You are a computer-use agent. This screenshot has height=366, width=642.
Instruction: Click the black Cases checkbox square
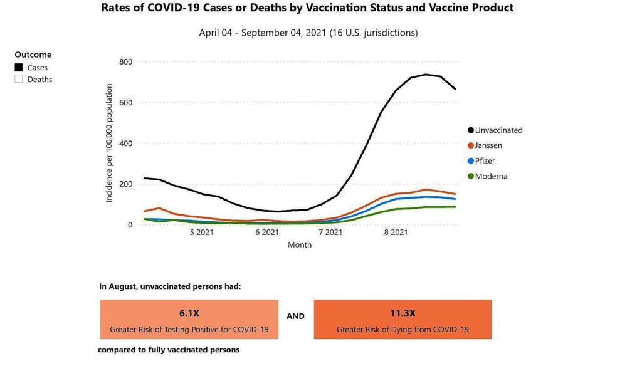[19, 67]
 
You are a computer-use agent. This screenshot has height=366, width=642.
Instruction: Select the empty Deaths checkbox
[19, 79]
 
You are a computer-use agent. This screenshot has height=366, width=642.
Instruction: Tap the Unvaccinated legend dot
[470, 130]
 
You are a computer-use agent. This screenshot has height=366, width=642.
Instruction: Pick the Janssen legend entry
[488, 145]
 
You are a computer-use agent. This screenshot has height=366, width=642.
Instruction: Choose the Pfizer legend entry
[485, 161]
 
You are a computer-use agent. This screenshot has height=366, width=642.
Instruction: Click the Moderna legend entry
[491, 176]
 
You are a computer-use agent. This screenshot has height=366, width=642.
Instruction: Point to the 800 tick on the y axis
[125, 61]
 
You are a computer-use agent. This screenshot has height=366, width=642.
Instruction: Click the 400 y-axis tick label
[125, 143]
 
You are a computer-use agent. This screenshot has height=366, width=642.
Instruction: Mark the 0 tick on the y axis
[129, 224]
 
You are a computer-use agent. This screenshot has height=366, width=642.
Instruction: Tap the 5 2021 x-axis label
[201, 233]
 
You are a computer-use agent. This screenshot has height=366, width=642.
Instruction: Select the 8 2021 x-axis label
[396, 233]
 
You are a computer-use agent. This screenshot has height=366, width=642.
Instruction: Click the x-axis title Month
[300, 244]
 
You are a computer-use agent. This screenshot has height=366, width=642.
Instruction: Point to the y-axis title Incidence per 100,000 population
[109, 143]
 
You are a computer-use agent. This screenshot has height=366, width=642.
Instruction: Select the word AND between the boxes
[296, 316]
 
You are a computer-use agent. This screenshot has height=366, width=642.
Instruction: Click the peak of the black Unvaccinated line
[426, 75]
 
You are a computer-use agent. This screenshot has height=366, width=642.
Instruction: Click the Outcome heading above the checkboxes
[33, 55]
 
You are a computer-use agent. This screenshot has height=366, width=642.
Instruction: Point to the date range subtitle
[308, 33]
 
